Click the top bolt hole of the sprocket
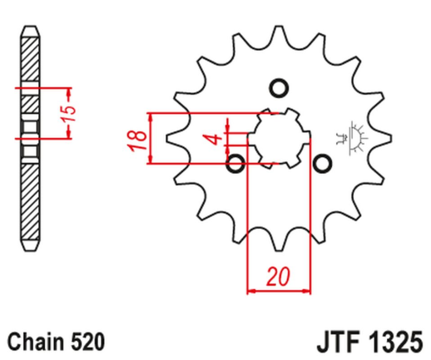pyautogui.click(x=279, y=88)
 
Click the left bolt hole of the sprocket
pyautogui.click(x=235, y=162)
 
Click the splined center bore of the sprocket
pyautogui.click(x=280, y=136)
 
